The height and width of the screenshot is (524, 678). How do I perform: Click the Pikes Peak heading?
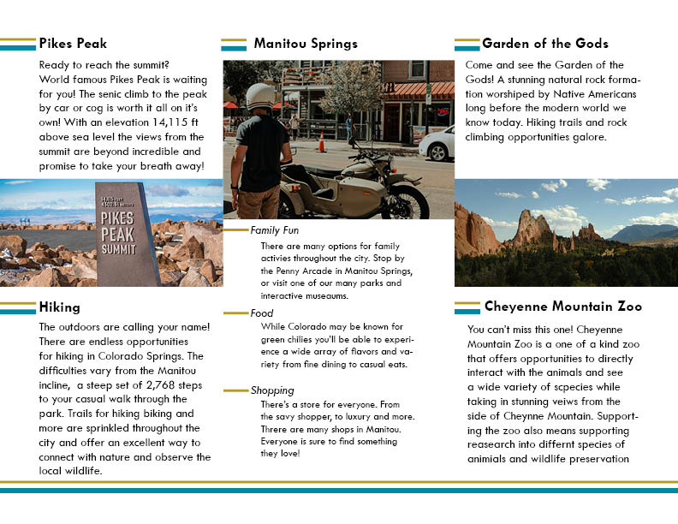[73, 44]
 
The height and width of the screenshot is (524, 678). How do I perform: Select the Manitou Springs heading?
[306, 44]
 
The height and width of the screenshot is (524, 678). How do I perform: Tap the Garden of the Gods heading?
[545, 44]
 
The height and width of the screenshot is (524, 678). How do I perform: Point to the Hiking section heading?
[59, 307]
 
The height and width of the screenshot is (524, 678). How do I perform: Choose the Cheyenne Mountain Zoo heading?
[562, 307]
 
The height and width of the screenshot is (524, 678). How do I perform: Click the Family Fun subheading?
[274, 230]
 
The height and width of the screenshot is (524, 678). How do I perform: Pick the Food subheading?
[262, 313]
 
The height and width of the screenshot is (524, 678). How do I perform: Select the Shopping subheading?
[272, 390]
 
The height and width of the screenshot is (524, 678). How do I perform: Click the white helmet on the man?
[259, 96]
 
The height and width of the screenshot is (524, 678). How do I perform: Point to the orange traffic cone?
[322, 142]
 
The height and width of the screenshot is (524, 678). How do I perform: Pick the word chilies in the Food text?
[315, 339]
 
